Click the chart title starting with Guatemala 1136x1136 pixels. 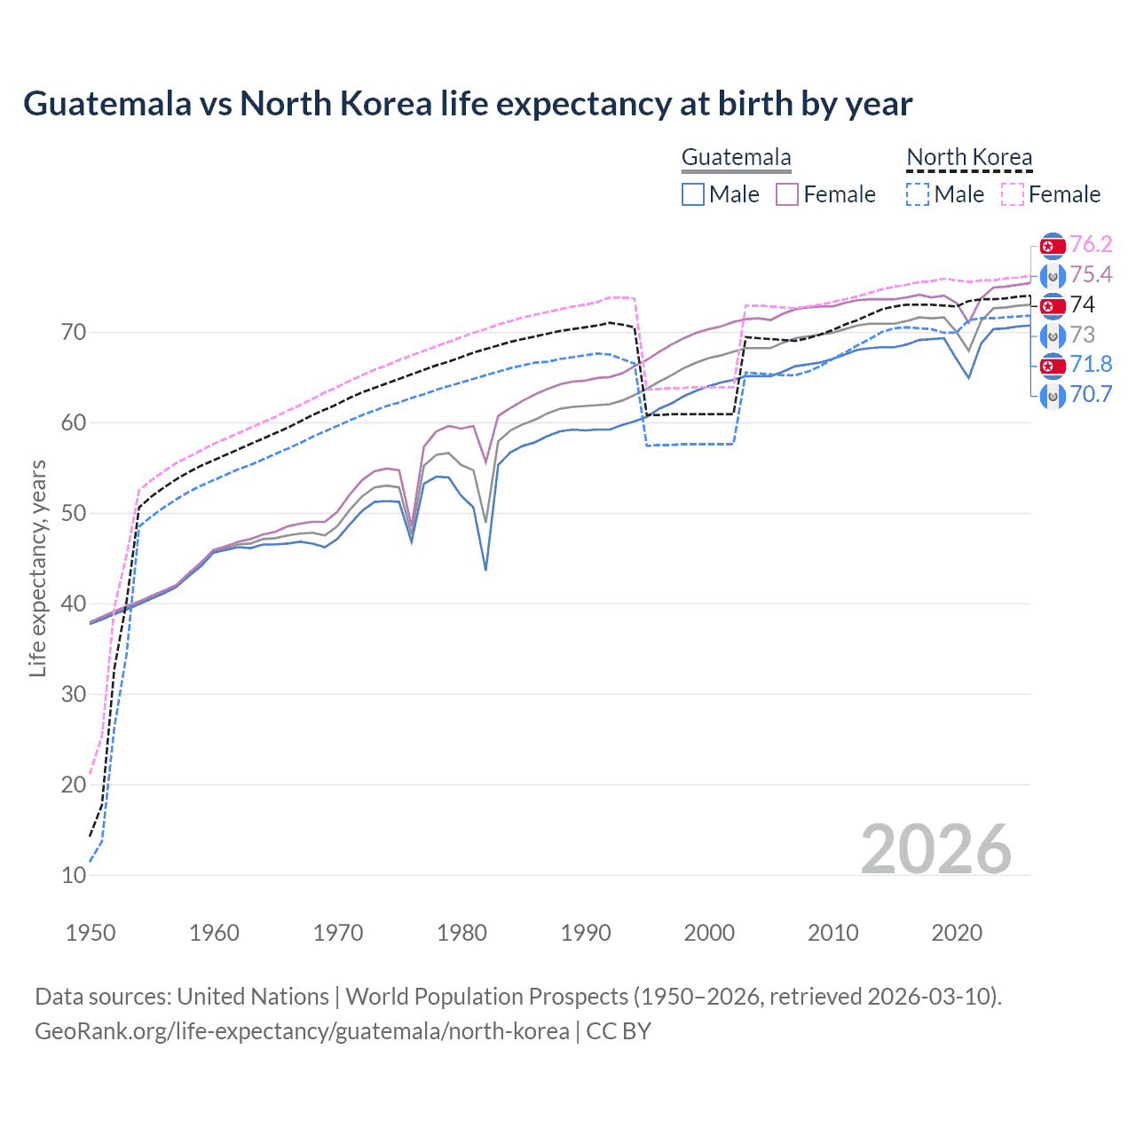click(x=468, y=104)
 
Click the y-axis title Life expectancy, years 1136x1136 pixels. click(x=37, y=568)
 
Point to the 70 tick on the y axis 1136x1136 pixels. click(x=74, y=333)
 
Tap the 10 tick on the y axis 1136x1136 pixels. click(x=74, y=875)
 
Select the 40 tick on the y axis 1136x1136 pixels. click(x=74, y=603)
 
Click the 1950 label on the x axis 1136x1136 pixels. click(x=91, y=933)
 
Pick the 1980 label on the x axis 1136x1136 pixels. click(x=462, y=933)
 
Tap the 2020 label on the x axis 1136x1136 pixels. click(x=957, y=933)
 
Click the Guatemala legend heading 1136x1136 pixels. click(x=736, y=158)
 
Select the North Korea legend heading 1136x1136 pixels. click(x=969, y=158)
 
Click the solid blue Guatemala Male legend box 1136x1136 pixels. click(x=693, y=194)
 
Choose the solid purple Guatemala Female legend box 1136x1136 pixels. click(x=787, y=194)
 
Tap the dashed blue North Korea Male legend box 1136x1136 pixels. click(x=918, y=194)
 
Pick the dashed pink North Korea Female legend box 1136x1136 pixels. click(x=1012, y=194)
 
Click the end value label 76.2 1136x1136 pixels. click(x=1091, y=245)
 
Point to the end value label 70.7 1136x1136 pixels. click(x=1091, y=395)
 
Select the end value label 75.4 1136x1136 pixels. click(x=1091, y=275)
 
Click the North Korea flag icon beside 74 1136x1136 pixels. click(x=1053, y=305)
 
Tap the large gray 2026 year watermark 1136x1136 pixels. click(x=935, y=849)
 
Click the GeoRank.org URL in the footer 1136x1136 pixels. click(x=302, y=1031)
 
